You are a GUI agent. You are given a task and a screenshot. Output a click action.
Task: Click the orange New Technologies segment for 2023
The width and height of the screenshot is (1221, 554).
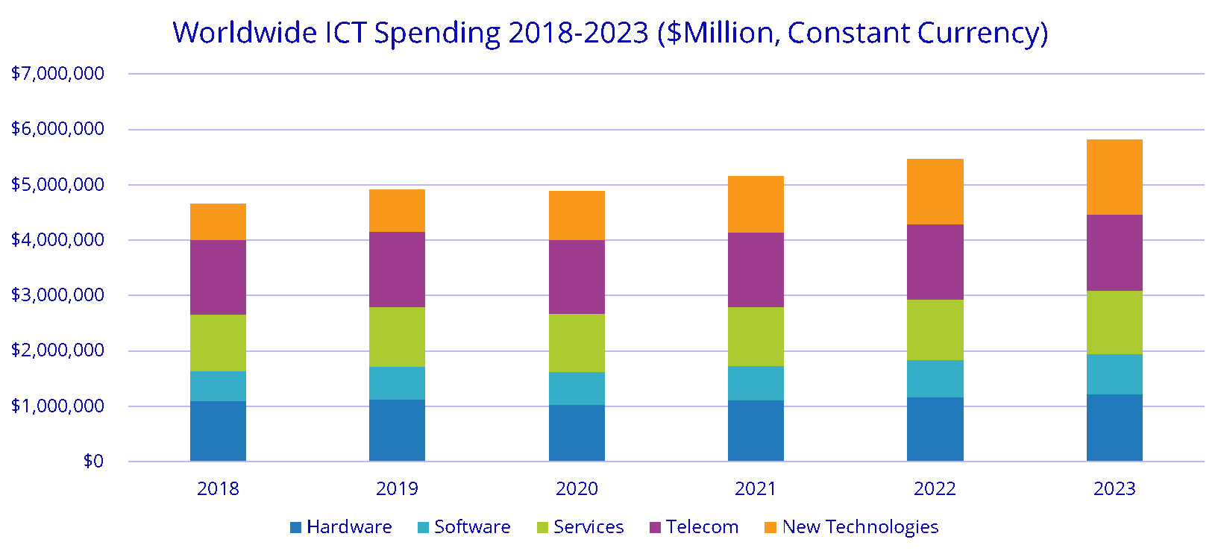[1114, 177]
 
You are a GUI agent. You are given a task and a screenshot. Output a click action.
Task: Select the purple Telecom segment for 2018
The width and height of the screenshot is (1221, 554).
[218, 277]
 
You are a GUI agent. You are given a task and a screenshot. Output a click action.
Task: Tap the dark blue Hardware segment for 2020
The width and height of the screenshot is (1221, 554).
[577, 432]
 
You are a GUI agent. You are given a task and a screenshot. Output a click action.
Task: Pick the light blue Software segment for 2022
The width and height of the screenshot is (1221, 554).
[935, 379]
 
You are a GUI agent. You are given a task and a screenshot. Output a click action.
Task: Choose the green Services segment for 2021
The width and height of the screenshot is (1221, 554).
[756, 336]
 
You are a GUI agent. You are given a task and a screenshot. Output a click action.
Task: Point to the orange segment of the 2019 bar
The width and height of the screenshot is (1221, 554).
[397, 210]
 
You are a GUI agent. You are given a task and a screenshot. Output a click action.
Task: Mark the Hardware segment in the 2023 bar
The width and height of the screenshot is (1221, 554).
[1114, 427]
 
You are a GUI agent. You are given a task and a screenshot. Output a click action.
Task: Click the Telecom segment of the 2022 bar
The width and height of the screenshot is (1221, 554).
[935, 262]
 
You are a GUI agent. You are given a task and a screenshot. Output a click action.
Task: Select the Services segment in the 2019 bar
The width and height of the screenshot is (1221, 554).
[397, 336]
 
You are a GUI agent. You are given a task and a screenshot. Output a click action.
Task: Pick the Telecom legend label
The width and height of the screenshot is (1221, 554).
[702, 527]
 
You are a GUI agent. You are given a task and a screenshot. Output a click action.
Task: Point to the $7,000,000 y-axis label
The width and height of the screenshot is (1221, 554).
[57, 74]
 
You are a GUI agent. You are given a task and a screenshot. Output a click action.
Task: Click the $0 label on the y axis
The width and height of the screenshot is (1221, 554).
[93, 462]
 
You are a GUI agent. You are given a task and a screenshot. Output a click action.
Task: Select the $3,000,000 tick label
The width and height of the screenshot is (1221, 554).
[57, 295]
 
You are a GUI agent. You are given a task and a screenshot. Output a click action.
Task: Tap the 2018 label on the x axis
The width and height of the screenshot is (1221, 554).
[218, 489]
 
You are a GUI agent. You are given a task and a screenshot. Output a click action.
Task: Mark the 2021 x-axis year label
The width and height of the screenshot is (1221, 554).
[756, 489]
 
